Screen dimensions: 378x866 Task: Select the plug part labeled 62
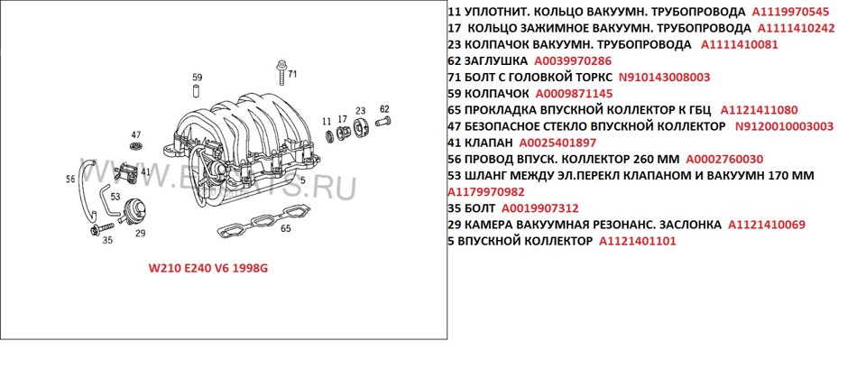382,122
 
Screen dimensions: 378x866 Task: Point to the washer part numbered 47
136,145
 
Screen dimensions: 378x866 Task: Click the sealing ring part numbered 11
328,137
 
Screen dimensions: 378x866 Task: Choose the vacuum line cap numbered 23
359,128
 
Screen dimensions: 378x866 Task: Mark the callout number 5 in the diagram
302,180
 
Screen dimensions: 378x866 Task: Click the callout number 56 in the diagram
70,179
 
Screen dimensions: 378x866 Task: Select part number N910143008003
664,77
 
